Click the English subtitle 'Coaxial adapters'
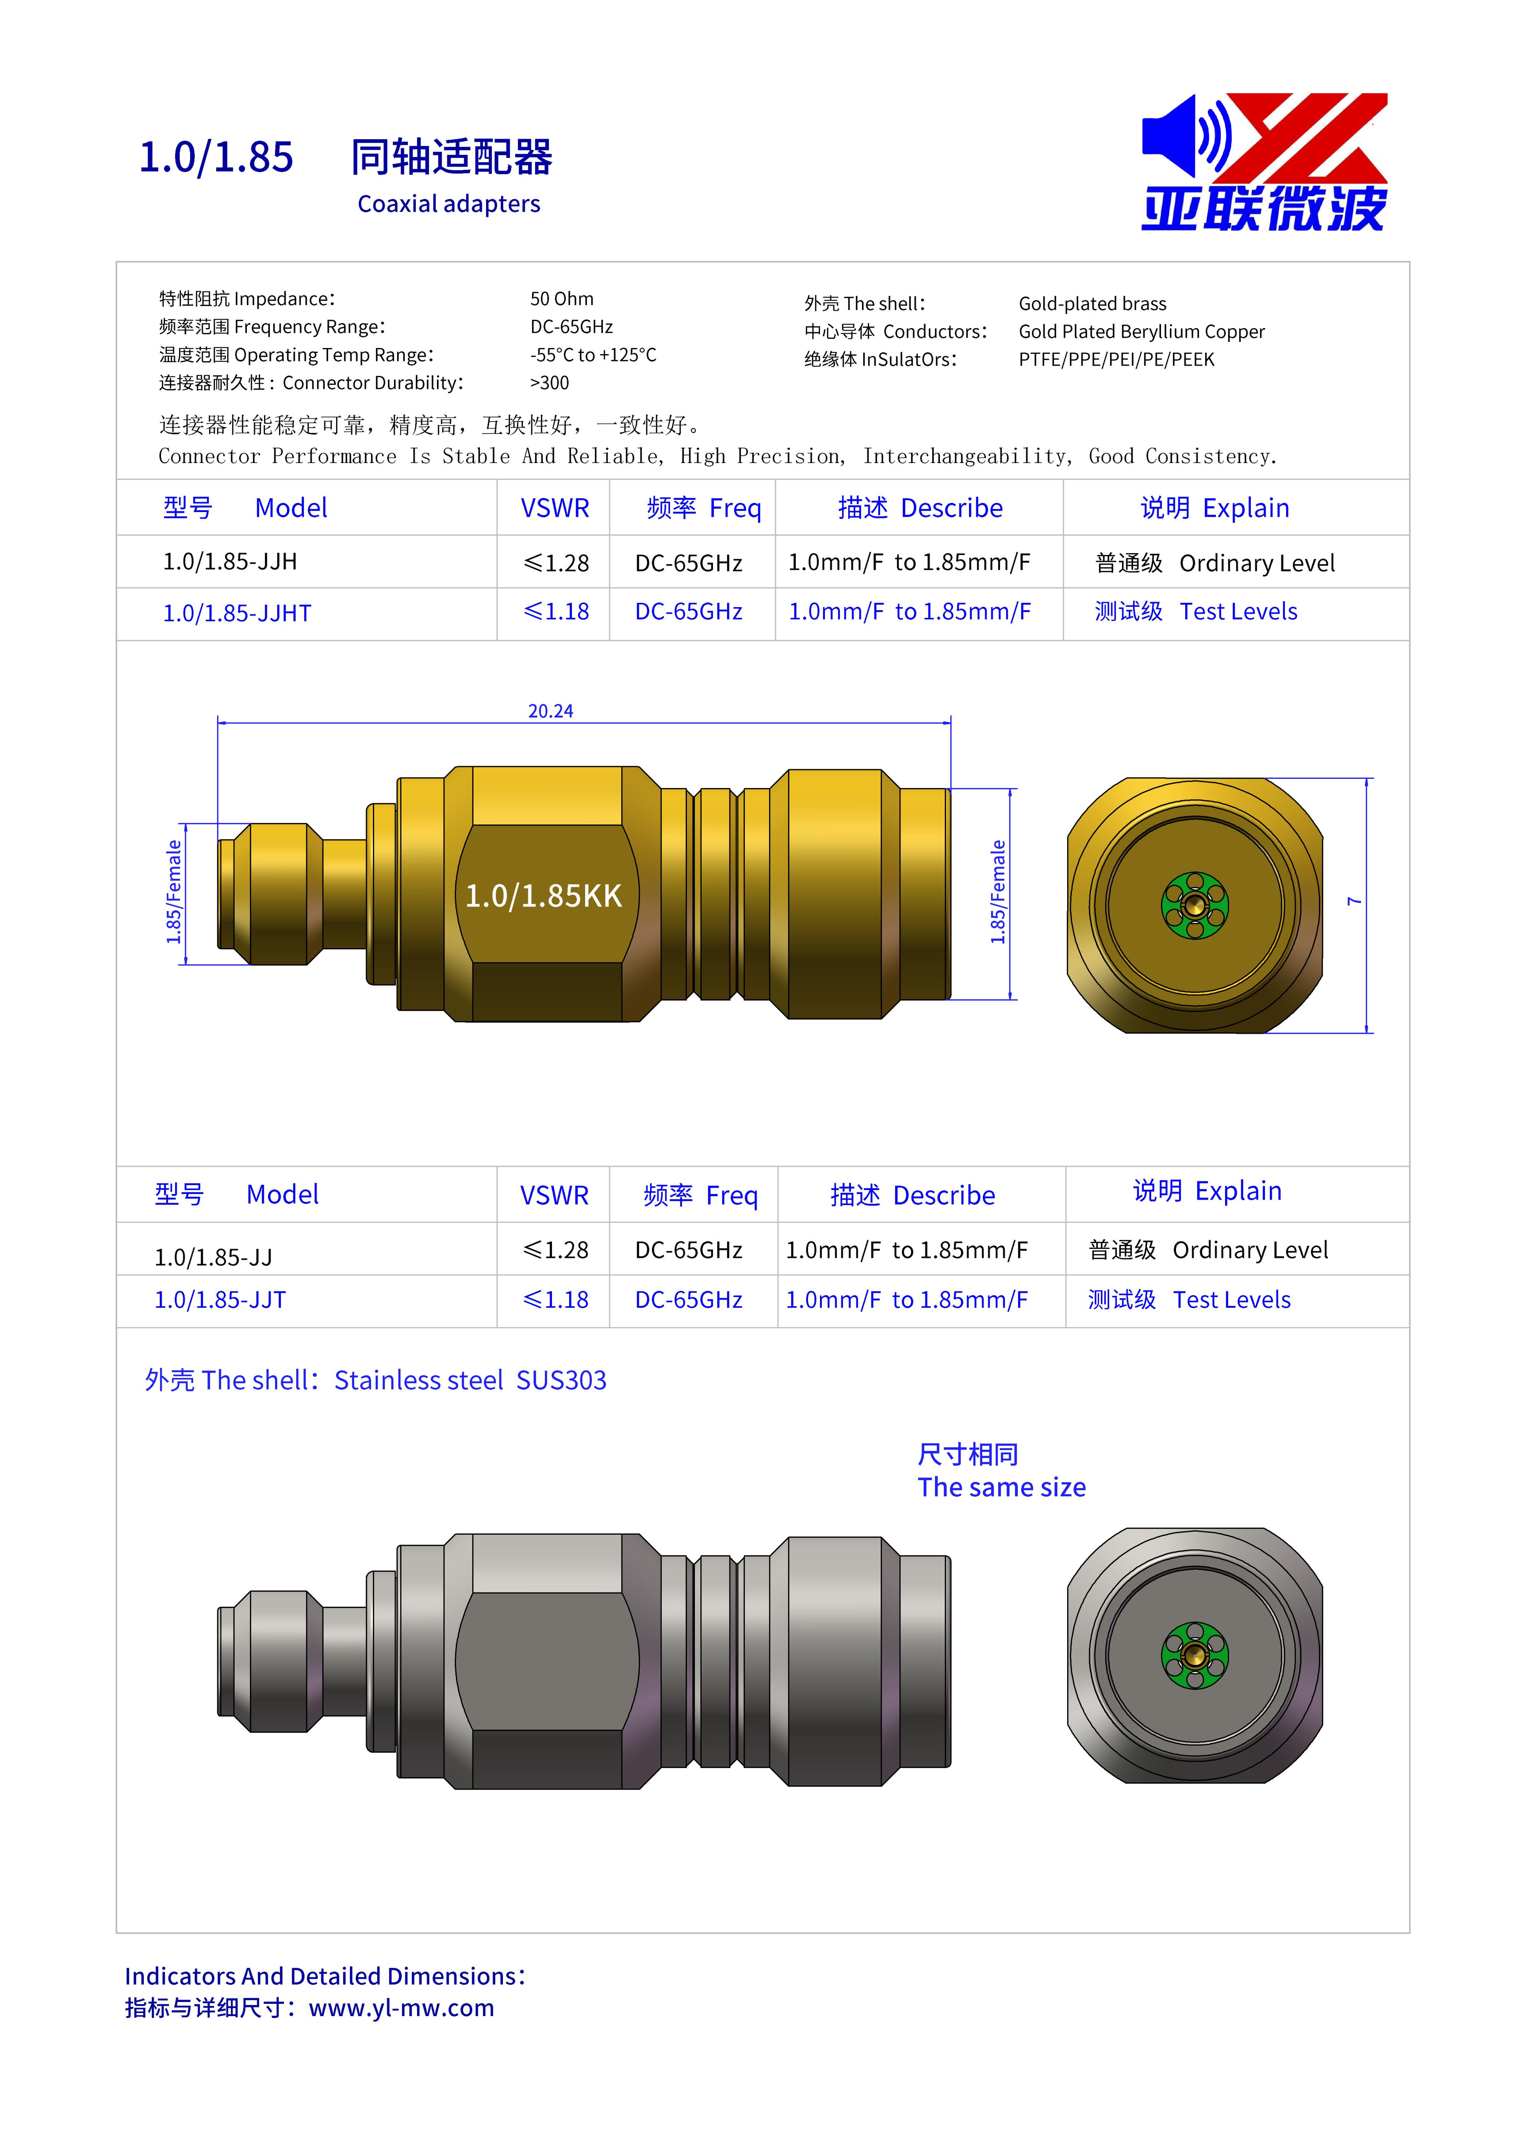(x=449, y=204)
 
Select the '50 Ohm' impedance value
(x=561, y=299)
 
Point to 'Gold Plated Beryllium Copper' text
(x=1142, y=332)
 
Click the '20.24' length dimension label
(x=550, y=711)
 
